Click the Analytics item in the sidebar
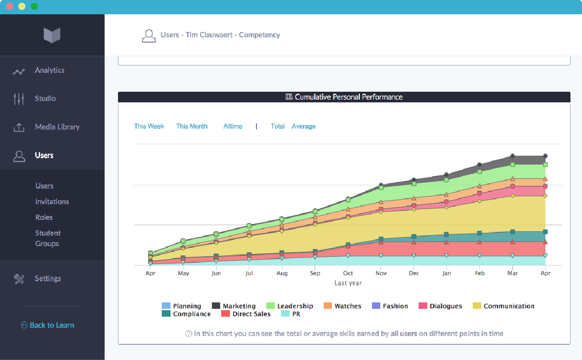coord(49,71)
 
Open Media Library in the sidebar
coord(57,127)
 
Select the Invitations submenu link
coord(52,202)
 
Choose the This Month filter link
coord(192,126)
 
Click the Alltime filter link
coord(233,126)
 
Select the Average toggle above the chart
coord(303,126)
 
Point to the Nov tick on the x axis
coord(381,273)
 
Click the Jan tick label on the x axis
coord(447,273)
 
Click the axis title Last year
coord(348,283)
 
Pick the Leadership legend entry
coord(295,306)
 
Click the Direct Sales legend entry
coord(251,314)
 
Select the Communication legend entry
coord(509,306)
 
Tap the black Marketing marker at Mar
coord(512,156)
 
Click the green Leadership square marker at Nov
coord(381,188)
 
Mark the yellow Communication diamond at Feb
coord(480,201)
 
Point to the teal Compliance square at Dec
coord(414,237)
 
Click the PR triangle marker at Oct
coord(348,255)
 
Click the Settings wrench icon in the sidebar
coord(19,279)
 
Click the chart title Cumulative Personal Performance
coord(348,97)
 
